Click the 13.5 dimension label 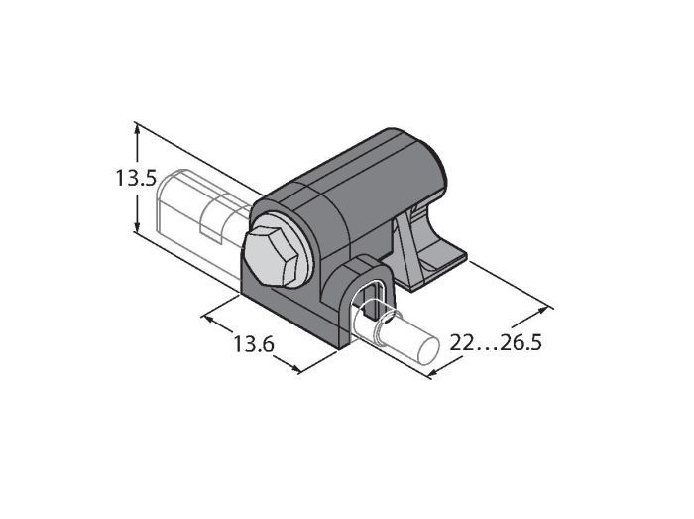(137, 178)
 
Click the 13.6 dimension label (254, 344)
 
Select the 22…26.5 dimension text (496, 342)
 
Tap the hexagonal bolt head (271, 257)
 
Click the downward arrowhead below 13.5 (138, 226)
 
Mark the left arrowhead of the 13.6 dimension (207, 318)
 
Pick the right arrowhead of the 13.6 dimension (294, 368)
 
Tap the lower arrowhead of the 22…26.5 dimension (435, 373)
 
